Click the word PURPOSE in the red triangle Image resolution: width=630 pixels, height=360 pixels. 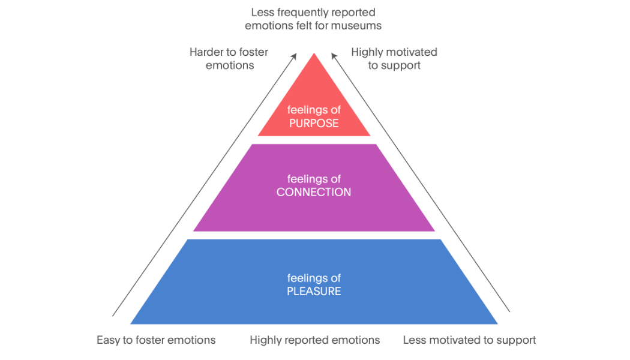(x=314, y=124)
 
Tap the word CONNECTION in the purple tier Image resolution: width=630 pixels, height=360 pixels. (x=314, y=192)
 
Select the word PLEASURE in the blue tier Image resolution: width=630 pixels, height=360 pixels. (x=314, y=291)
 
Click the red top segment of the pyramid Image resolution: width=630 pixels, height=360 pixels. (x=314, y=104)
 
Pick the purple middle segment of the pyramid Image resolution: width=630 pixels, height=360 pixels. (x=314, y=188)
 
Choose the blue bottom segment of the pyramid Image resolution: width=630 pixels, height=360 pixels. (x=314, y=282)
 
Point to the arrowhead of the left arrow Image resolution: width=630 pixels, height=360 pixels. (x=294, y=56)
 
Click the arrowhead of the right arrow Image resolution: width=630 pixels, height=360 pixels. (x=334, y=56)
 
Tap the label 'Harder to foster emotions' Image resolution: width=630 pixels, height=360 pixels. (x=229, y=59)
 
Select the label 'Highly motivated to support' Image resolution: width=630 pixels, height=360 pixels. (x=394, y=59)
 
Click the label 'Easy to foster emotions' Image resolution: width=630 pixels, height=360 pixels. (x=156, y=340)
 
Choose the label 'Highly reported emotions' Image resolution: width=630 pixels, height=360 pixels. (x=314, y=340)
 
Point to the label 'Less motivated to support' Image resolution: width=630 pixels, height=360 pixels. (x=469, y=340)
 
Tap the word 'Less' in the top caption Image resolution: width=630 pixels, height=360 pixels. (x=263, y=13)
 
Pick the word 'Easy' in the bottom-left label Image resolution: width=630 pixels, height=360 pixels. (x=109, y=340)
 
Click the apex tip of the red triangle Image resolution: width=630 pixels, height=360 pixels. (x=314, y=53)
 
